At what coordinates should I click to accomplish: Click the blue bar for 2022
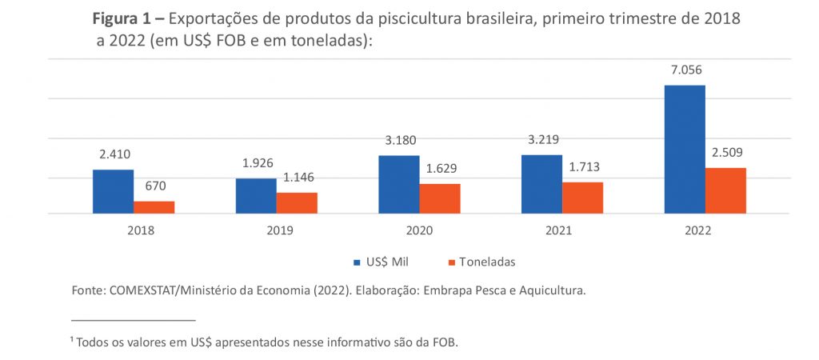pos(685,150)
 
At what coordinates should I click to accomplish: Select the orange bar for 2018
pos(154,207)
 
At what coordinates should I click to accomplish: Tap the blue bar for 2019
pos(256,196)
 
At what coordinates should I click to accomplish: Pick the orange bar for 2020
pos(440,198)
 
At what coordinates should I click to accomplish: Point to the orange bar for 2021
pos(582,198)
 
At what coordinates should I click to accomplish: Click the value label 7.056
pos(685,70)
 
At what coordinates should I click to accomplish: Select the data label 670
pos(154,186)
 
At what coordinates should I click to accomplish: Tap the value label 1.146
pos(297,178)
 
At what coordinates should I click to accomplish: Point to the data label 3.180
pos(399,141)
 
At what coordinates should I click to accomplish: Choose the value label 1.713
pos(582,167)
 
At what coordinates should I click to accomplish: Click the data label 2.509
pos(725,153)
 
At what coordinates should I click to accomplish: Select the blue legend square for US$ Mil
pos(358,262)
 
